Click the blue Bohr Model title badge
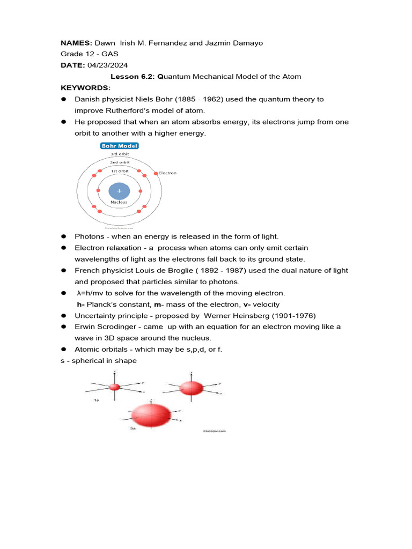pyautogui.click(x=119, y=146)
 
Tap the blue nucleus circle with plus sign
pyautogui.click(x=119, y=191)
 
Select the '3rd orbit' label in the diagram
pyautogui.click(x=119, y=154)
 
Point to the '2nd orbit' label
pyautogui.click(x=119, y=162)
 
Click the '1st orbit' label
pyautogui.click(x=119, y=170)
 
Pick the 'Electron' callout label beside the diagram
pyautogui.click(x=167, y=173)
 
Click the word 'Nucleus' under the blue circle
pyautogui.click(x=119, y=203)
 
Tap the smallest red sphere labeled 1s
pyautogui.click(x=114, y=387)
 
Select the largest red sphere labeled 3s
pyautogui.click(x=151, y=414)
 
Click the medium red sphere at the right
pyautogui.click(x=190, y=387)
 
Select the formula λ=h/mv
pyautogui.click(x=98, y=293)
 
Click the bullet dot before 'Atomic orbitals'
pyautogui.click(x=63, y=350)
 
